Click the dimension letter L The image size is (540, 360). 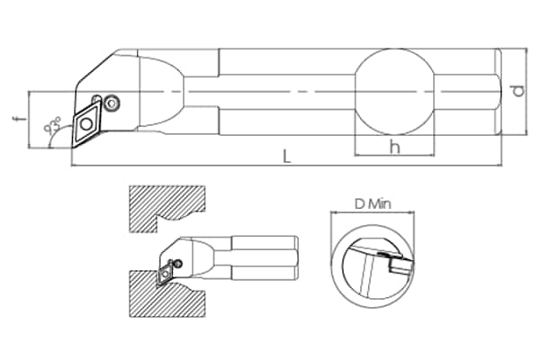[x=287, y=157]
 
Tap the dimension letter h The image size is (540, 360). [x=395, y=147]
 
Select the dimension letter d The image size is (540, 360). [x=518, y=91]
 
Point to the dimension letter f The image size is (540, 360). [x=22, y=119]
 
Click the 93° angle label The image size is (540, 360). [x=52, y=126]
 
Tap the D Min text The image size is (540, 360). [x=373, y=204]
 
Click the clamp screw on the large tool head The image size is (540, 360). [x=112, y=103]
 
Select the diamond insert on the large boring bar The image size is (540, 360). [x=86, y=124]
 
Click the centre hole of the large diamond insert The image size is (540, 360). [x=86, y=123]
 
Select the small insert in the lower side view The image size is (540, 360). [x=166, y=274]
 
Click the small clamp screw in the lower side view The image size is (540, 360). [x=177, y=264]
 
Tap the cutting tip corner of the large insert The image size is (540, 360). [x=72, y=148]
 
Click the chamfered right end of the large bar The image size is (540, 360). [x=499, y=92]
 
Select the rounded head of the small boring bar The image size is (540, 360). [x=189, y=256]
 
